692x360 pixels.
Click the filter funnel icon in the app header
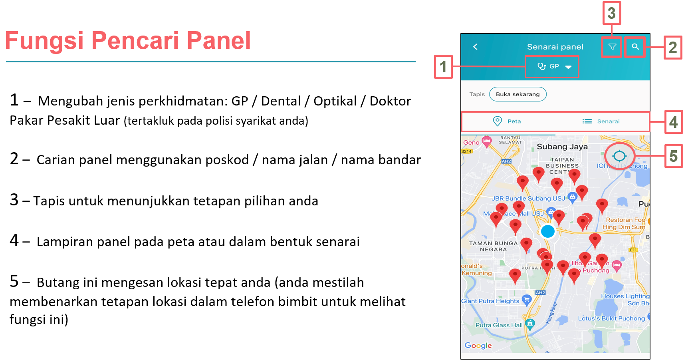coord(612,47)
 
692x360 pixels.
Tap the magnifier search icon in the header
coord(635,47)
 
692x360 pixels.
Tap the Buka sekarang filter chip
coord(518,94)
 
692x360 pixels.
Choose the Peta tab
coord(508,121)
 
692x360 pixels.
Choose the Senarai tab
coord(601,121)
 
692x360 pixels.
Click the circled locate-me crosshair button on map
coord(619,156)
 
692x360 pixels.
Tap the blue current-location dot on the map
coord(548,231)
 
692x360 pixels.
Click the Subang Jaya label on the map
coord(562,147)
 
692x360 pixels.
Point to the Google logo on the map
coord(478,346)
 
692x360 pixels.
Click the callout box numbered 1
coord(443,67)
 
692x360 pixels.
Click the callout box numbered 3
coord(611,13)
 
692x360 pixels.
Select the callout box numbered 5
coord(673,156)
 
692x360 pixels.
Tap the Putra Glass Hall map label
coord(499,325)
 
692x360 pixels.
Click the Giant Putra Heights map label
coord(490,301)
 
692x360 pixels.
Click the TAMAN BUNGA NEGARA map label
coord(493,246)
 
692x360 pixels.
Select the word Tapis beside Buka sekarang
coord(477,94)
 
